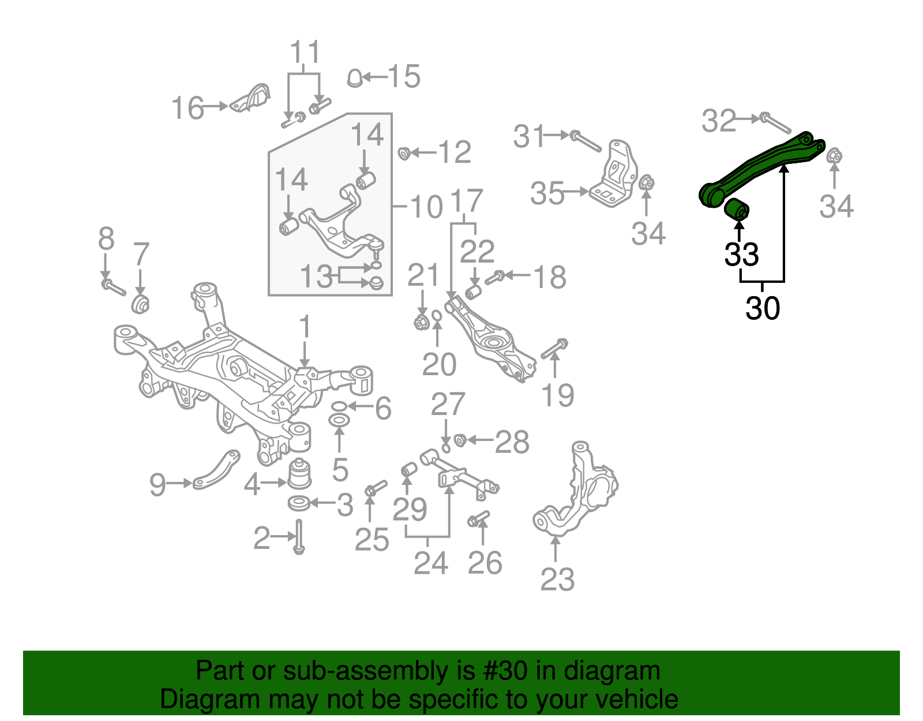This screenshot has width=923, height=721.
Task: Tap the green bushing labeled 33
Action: (x=737, y=210)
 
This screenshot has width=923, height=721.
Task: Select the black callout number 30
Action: (x=762, y=308)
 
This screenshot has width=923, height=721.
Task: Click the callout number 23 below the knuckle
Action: (x=557, y=579)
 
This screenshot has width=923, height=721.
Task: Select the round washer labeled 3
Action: (x=298, y=503)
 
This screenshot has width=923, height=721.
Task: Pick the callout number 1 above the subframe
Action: (x=305, y=327)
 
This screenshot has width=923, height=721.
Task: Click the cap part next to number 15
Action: (x=355, y=78)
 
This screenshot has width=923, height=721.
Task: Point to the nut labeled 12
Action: (x=404, y=154)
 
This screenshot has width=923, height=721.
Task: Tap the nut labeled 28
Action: (x=460, y=440)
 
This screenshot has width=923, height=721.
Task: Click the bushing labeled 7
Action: (x=140, y=303)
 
